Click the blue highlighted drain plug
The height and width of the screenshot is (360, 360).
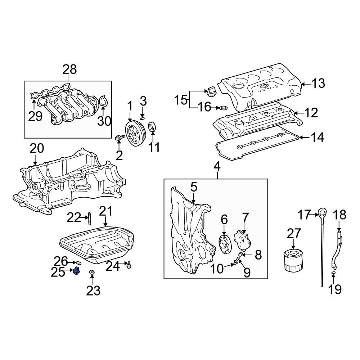pyautogui.click(x=76, y=271)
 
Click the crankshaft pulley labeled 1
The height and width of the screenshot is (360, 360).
pyautogui.click(x=134, y=135)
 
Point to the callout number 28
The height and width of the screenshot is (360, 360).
pyautogui.click(x=70, y=69)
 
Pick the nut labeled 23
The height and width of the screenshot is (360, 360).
pyautogui.click(x=92, y=273)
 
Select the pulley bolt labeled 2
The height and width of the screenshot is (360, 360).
pyautogui.click(x=120, y=138)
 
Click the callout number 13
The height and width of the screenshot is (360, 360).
pyautogui.click(x=318, y=84)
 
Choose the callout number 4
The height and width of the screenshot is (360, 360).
pyautogui.click(x=217, y=166)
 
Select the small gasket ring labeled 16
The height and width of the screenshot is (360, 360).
pyautogui.click(x=224, y=108)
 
